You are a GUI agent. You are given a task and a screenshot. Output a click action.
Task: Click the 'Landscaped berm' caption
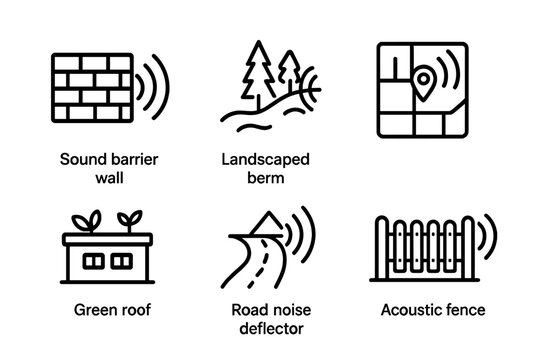[265, 169]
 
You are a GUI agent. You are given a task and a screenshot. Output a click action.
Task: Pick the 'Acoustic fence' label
[433, 311]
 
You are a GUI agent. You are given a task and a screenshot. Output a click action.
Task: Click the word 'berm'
[265, 178]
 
